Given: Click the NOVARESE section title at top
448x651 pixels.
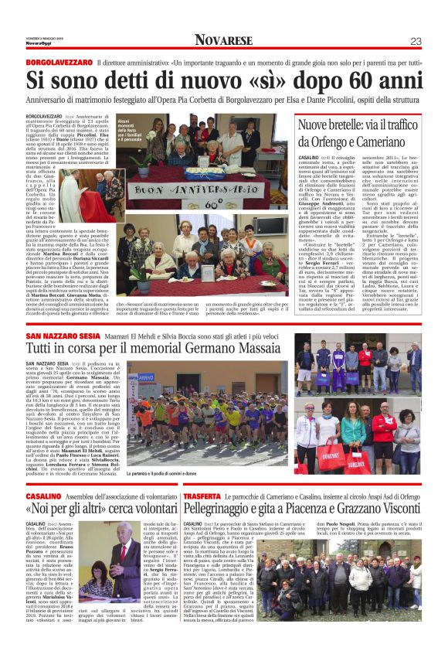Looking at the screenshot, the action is [223, 40].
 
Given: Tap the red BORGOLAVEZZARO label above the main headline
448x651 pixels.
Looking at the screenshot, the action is [56, 63].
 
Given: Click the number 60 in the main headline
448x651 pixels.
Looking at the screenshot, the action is [358, 80].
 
